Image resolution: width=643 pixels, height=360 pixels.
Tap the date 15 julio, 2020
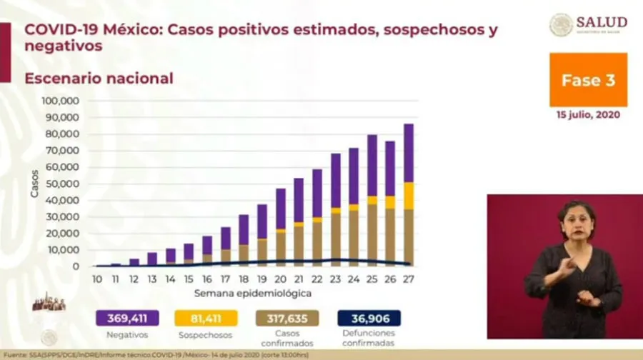click(x=588, y=114)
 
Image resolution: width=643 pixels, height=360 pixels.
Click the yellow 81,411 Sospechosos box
click(x=206, y=318)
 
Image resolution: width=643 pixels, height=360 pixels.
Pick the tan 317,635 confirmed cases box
click(x=287, y=318)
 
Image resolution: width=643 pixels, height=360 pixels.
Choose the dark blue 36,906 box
click(x=369, y=318)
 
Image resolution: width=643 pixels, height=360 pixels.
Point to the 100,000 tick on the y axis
click(x=60, y=101)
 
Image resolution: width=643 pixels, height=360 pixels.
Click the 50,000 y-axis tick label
click(x=62, y=184)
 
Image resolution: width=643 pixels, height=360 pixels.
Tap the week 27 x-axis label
click(x=408, y=279)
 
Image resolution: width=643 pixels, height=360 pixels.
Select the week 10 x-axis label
click(x=97, y=279)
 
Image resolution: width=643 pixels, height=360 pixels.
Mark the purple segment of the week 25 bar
click(x=372, y=164)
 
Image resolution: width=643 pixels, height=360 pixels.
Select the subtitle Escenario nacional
click(x=99, y=79)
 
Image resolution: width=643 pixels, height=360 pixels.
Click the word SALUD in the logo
click(x=602, y=22)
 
